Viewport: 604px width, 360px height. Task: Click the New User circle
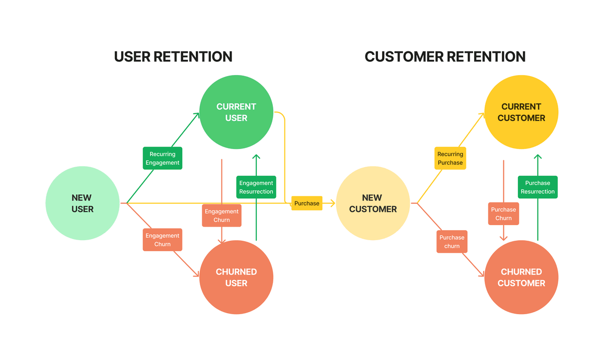pos(83,203)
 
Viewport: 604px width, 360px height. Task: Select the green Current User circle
pos(236,112)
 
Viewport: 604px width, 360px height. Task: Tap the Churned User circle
pos(236,277)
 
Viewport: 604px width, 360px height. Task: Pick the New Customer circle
pos(373,203)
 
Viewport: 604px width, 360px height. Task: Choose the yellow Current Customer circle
pos(521,112)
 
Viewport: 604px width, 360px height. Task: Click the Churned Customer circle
pos(521,277)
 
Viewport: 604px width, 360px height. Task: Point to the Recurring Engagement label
pos(162,159)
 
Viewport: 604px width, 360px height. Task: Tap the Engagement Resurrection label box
pos(256,187)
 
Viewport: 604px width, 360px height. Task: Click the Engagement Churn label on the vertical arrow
pos(221,215)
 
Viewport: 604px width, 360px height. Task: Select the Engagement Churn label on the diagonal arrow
pos(162,240)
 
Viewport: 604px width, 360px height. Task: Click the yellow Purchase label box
pos(307,203)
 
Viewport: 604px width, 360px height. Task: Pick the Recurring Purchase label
pos(450,159)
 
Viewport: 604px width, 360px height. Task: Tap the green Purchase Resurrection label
pos(538,187)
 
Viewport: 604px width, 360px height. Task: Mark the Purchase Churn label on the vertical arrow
pos(503,213)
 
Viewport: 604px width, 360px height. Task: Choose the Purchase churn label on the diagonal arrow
pos(451,242)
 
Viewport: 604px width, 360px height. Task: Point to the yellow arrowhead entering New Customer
pos(332,203)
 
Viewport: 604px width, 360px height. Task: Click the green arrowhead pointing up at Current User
pos(256,158)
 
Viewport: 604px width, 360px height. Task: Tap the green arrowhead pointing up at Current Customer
pos(538,158)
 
